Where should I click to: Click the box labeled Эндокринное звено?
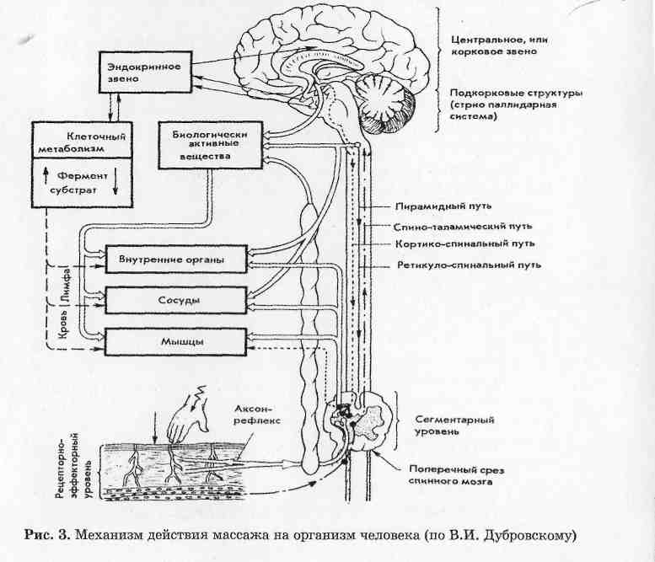coord(135,72)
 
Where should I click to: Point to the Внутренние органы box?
coord(177,259)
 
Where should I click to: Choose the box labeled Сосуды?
coord(177,299)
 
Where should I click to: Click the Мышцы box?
coord(177,340)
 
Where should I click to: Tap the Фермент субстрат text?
coord(82,185)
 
